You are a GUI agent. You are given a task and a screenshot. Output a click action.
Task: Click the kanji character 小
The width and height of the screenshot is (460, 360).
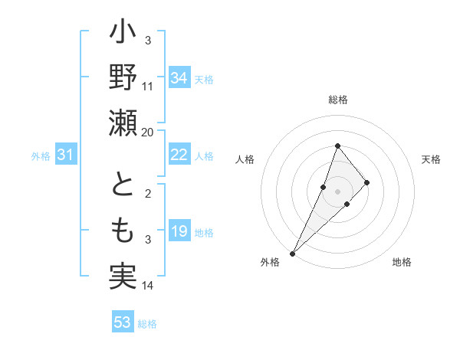point(123,34)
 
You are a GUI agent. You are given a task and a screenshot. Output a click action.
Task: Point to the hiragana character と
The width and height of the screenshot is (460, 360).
point(123,185)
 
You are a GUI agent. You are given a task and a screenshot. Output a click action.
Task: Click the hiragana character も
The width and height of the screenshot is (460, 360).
point(123,231)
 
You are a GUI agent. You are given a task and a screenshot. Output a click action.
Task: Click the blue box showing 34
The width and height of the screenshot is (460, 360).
point(179,78)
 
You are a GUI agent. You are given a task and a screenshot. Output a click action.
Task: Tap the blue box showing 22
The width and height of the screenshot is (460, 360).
point(179,155)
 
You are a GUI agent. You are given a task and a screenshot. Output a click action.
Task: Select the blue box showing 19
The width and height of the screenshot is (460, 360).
point(179,231)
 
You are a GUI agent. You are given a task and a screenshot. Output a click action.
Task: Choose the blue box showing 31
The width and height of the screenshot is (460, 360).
point(66,155)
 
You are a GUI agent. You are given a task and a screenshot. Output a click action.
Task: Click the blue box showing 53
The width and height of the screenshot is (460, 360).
point(123,322)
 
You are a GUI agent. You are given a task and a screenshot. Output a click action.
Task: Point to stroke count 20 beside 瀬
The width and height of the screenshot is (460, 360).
point(148,133)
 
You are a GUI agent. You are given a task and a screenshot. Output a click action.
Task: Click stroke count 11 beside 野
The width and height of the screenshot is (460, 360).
point(148,87)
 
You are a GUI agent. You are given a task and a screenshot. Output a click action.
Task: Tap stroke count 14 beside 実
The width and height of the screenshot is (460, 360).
point(148,286)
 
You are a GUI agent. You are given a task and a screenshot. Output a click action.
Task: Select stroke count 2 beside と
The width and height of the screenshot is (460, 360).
point(148,194)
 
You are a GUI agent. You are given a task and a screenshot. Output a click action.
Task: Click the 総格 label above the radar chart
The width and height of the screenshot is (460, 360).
point(338,100)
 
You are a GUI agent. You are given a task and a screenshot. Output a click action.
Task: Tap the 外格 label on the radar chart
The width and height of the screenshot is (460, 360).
point(270,263)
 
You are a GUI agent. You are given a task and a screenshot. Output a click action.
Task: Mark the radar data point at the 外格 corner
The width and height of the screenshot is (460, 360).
point(293,253)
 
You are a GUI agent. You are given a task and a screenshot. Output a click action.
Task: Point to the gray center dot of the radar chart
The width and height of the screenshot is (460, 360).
point(338,191)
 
